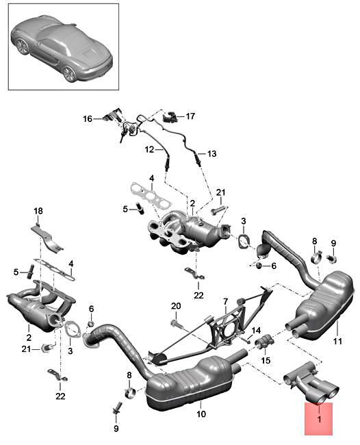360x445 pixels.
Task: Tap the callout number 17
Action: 190,116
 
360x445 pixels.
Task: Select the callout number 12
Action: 149,149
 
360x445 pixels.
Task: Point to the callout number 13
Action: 211,154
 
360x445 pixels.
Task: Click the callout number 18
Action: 38,210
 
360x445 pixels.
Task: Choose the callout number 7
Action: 224,301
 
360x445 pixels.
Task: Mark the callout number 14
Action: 257,330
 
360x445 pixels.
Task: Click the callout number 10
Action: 201,414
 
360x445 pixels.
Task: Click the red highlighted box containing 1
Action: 318,418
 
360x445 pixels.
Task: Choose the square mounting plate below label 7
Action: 224,327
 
